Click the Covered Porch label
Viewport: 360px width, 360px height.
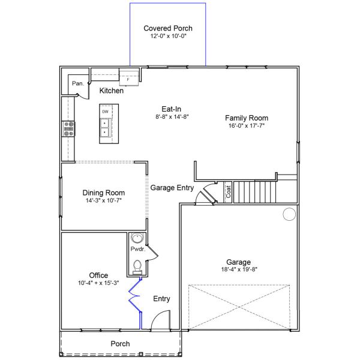point(168,28)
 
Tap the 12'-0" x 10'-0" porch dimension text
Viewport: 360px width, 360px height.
point(168,37)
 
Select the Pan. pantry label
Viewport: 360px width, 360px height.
point(77,84)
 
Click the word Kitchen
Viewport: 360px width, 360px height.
point(112,91)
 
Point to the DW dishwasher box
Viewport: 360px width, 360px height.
point(106,112)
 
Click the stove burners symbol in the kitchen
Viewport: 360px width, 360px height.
point(69,127)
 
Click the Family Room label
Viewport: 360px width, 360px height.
point(247,118)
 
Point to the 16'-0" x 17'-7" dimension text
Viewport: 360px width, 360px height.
point(247,127)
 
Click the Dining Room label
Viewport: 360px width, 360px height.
point(103,193)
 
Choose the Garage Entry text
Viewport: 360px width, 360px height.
point(172,187)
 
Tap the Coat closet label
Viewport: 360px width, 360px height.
point(228,192)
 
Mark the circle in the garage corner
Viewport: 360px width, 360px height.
point(289,214)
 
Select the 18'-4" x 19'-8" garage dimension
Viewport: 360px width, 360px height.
point(239,271)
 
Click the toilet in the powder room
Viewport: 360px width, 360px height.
point(137,264)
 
